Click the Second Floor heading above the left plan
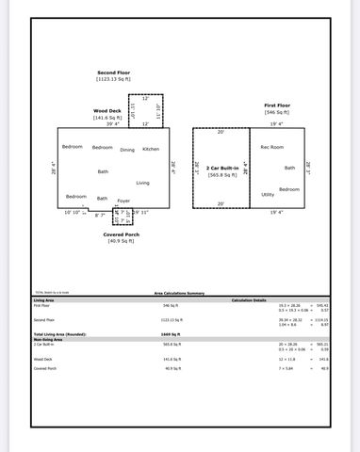coord(114,73)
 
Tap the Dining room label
coord(127,149)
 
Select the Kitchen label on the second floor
coord(151,148)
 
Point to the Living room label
coord(142,182)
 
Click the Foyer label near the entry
coord(123,201)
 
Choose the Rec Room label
coord(272,147)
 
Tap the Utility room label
coord(268,194)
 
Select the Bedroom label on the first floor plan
coord(288,188)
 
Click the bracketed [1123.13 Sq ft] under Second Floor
coord(114,79)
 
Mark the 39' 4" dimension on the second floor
coord(112,123)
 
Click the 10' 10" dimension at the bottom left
coord(74,212)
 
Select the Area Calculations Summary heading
coord(179,294)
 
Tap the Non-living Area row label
coord(49,339)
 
